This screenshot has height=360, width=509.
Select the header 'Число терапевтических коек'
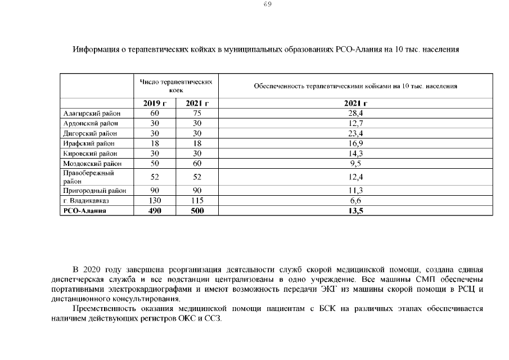click(176, 86)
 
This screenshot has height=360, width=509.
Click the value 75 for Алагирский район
click(197, 113)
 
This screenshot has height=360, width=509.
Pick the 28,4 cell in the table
click(356, 113)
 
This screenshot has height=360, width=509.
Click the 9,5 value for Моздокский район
click(356, 164)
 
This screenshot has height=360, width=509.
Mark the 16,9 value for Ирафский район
click(356, 143)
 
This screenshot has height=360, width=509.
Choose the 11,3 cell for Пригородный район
click(356, 191)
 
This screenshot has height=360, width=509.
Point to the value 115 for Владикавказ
click(197, 201)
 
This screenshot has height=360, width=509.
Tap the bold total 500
click(197, 211)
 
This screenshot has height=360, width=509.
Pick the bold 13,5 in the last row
click(356, 211)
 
